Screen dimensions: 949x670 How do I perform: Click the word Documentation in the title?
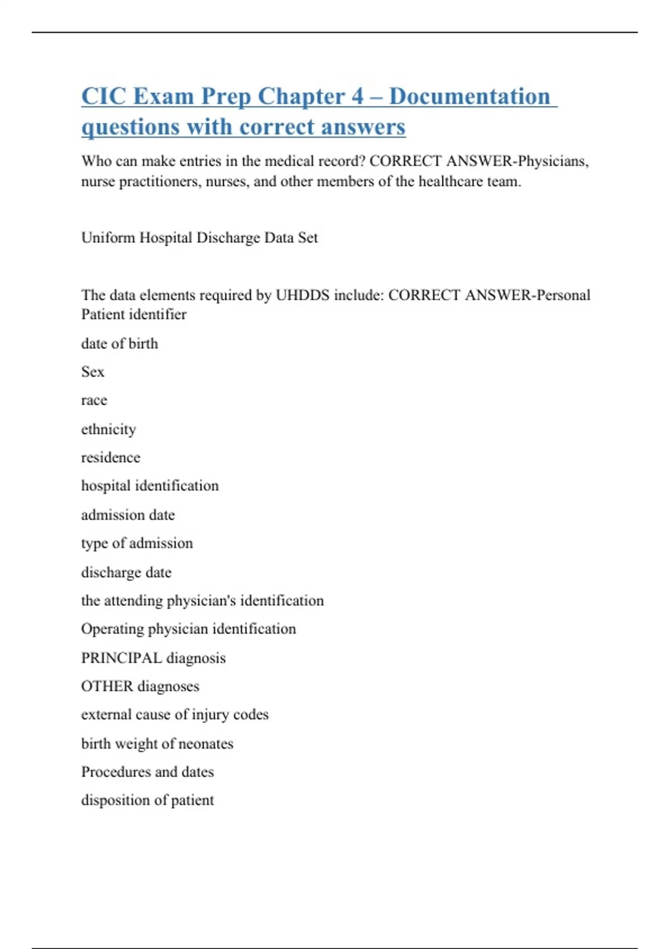470,97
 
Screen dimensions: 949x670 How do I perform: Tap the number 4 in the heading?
357,97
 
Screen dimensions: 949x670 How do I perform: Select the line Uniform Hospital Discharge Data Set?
199,238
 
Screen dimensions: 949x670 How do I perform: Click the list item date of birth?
119,344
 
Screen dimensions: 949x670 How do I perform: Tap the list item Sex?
93,372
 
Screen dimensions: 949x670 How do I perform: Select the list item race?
94,401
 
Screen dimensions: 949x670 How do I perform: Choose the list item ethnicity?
108,429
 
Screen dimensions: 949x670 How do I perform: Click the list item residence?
111,458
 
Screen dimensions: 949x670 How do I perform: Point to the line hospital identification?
150,486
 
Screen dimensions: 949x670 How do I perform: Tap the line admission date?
128,515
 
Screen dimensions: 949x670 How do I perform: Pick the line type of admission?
137,543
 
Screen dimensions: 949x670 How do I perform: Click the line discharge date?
126,572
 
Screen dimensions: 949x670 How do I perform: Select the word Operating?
112,629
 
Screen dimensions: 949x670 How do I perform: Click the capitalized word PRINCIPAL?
121,658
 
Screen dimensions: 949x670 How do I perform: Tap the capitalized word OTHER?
107,686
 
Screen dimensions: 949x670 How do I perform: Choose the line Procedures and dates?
147,772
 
